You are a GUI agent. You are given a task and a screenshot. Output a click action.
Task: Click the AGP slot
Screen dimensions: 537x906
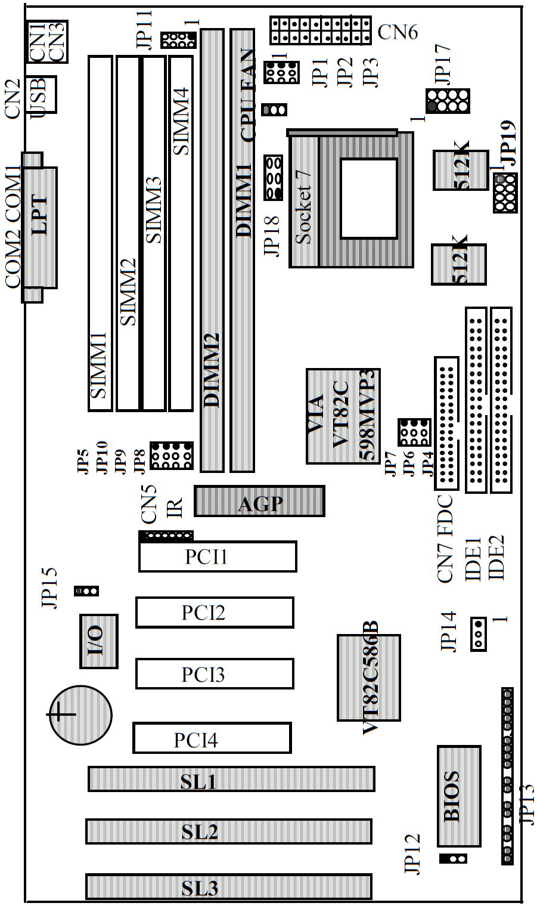[259, 501]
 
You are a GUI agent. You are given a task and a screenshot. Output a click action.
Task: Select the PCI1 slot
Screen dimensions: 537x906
[218, 556]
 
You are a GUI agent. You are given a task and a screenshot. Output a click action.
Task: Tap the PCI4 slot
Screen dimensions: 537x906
[212, 738]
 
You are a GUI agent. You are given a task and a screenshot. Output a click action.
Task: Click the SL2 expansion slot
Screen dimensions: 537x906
[229, 831]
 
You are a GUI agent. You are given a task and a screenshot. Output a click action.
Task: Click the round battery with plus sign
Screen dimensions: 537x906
[80, 715]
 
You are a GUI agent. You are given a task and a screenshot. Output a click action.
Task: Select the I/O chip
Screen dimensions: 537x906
[98, 641]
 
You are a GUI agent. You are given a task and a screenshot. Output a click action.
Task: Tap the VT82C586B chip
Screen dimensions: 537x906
[369, 678]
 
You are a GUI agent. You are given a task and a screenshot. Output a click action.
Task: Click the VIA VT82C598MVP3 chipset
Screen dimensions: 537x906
[343, 416]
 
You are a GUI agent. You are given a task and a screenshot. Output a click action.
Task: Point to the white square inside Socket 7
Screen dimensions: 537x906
[368, 198]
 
